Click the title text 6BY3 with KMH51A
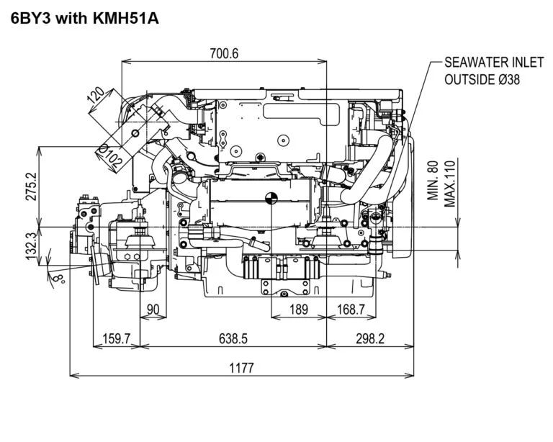tap(84, 17)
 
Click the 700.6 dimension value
tap(224, 53)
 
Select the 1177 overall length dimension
tap(242, 368)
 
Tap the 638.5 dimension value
tap(233, 338)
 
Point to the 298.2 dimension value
tap(370, 338)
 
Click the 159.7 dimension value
tap(117, 338)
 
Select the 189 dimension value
tap(297, 309)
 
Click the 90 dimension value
tap(153, 309)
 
